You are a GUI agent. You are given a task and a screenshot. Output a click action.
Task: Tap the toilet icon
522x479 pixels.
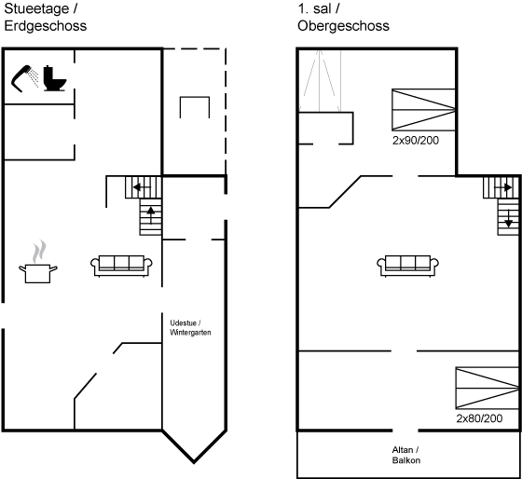pyautogui.click(x=55, y=78)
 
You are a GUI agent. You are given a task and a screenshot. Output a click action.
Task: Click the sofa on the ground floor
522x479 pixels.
pyautogui.click(x=121, y=266)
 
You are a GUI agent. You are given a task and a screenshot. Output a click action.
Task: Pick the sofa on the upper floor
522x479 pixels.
pyautogui.click(x=408, y=266)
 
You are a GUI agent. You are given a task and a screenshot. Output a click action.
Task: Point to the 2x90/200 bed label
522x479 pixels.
pyautogui.click(x=416, y=141)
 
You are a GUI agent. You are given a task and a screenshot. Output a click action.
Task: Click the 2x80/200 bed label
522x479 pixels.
pyautogui.click(x=479, y=418)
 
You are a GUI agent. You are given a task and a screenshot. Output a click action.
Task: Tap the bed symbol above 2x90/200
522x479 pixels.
pyautogui.click(x=423, y=110)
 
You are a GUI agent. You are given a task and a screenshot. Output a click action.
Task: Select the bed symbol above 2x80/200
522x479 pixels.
pyautogui.click(x=488, y=388)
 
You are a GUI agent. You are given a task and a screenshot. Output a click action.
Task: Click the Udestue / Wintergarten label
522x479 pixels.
pyautogui.click(x=190, y=327)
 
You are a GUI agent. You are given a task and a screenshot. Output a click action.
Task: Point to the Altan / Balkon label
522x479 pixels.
pyautogui.click(x=405, y=455)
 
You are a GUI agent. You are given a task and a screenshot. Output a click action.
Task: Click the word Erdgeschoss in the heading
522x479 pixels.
pyautogui.click(x=46, y=26)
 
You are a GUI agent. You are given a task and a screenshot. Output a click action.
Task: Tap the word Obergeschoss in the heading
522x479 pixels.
pyautogui.click(x=343, y=26)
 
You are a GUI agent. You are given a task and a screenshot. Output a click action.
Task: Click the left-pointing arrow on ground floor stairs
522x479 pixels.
pyautogui.click(x=142, y=187)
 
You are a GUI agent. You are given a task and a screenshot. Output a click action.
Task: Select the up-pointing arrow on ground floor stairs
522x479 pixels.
pyautogui.click(x=151, y=215)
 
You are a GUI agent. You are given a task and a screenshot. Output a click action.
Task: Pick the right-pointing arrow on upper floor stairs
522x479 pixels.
pyautogui.click(x=503, y=187)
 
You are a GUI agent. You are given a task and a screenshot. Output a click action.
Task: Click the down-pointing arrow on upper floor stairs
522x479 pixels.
pyautogui.click(x=508, y=218)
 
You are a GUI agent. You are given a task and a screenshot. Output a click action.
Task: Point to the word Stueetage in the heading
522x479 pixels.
pyautogui.click(x=36, y=9)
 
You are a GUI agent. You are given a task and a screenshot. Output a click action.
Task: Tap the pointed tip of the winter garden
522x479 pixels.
pyautogui.click(x=194, y=462)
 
